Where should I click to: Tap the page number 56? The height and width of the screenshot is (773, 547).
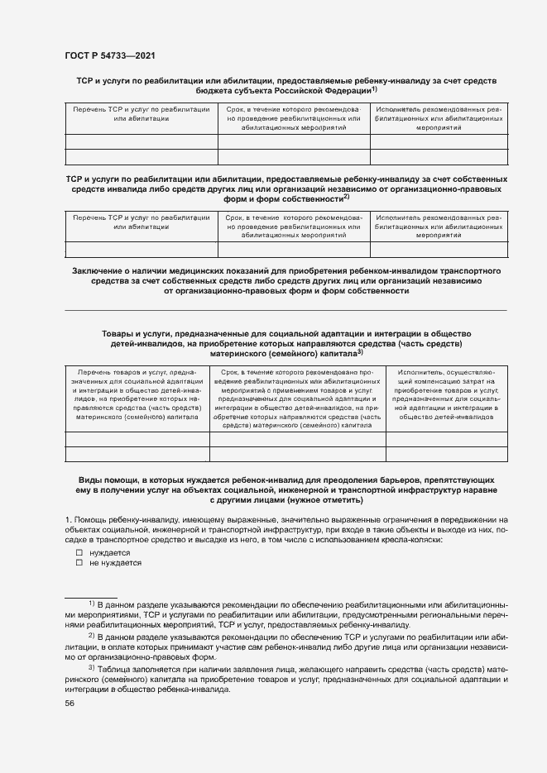coord(70,704)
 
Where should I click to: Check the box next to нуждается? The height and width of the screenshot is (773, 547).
coord(79,552)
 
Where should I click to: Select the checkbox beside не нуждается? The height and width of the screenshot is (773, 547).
coord(79,563)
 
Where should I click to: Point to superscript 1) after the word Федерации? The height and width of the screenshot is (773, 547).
coord(374,88)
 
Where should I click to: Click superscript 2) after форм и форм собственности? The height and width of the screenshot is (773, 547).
coord(346,197)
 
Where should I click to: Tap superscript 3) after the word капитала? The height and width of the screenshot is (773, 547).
coord(359,352)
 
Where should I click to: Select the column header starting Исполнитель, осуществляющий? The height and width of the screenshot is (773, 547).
coord(445,394)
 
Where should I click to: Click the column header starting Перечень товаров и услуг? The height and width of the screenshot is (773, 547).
coord(136,394)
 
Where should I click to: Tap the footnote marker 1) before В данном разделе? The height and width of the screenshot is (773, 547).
coord(92,603)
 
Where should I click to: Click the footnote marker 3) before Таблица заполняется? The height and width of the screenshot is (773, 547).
coord(92,666)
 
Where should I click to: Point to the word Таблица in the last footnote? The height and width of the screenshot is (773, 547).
coord(113,668)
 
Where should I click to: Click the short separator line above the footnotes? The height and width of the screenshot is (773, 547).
coord(90,596)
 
